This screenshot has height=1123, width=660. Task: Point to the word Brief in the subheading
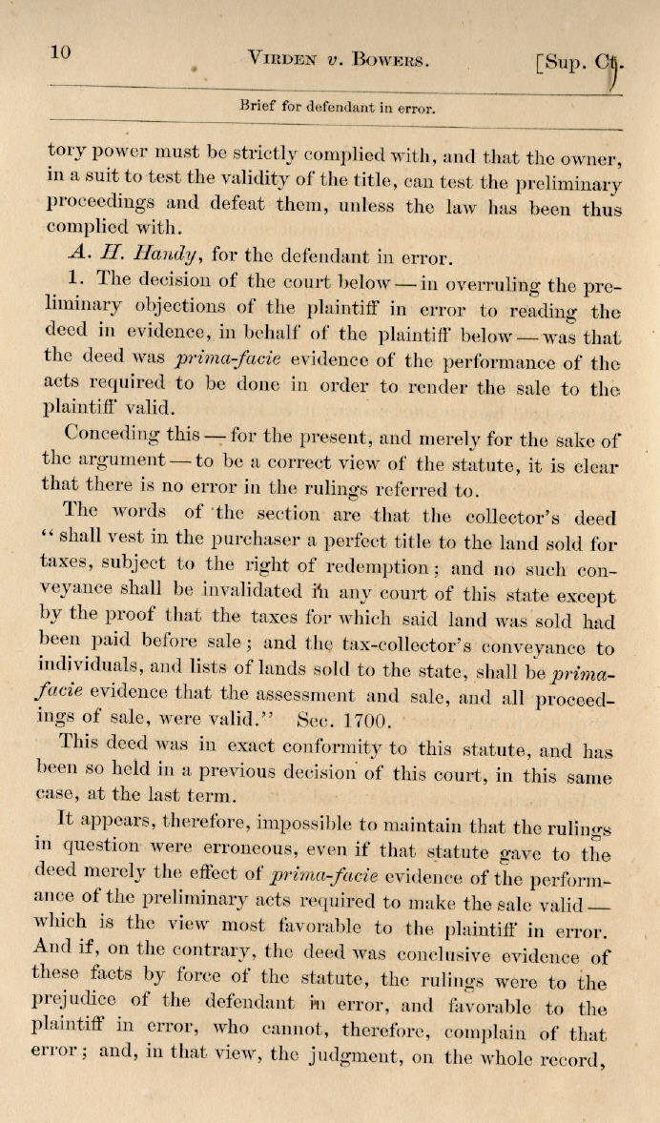258,107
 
